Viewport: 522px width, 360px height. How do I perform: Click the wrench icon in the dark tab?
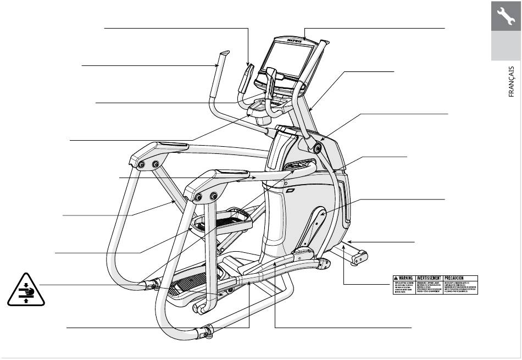point(506,16)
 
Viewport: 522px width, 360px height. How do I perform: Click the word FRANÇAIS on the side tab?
point(510,82)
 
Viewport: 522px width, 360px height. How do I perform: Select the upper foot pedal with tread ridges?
point(223,221)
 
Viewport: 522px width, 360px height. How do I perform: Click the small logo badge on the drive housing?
point(291,191)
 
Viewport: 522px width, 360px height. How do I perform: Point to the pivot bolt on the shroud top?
point(318,147)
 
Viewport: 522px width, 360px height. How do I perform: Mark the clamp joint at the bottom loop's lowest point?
point(208,332)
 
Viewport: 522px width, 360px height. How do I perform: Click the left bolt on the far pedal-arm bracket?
point(142,164)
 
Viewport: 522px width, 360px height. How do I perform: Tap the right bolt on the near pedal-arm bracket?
point(214,196)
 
